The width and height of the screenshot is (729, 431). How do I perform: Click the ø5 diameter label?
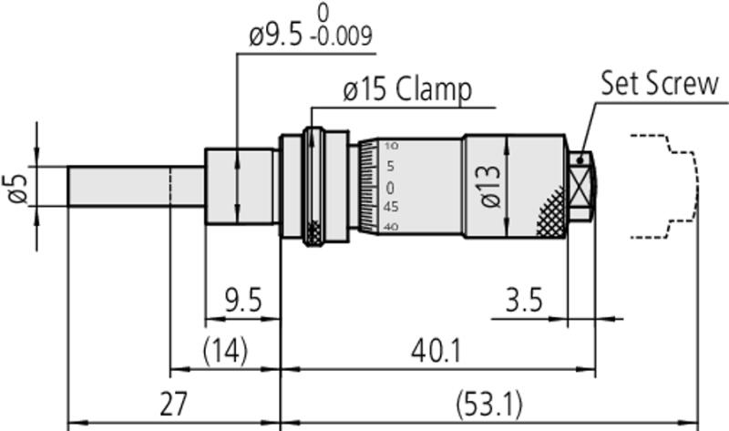[x=17, y=189]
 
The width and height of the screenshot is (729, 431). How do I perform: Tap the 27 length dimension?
[x=173, y=404]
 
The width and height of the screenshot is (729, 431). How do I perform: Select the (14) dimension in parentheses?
[x=225, y=351]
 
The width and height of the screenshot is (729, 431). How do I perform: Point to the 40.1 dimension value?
[x=436, y=351]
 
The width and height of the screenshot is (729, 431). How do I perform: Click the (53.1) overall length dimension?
[x=489, y=405]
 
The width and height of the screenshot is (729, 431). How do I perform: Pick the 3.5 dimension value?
[x=524, y=300]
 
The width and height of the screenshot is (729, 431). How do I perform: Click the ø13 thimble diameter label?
[x=490, y=186]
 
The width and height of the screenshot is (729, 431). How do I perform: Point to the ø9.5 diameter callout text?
[x=276, y=36]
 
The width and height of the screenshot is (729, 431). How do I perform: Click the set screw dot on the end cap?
[x=580, y=160]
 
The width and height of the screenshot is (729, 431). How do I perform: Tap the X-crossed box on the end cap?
[x=580, y=188]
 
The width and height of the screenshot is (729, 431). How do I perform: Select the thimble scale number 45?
[x=391, y=207]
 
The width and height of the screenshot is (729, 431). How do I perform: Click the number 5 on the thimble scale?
[x=390, y=166]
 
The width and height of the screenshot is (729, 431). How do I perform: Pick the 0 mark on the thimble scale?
[x=390, y=188]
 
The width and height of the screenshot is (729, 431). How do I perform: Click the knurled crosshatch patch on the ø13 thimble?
[x=552, y=214]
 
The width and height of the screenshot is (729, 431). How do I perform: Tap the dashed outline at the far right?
[x=696, y=186]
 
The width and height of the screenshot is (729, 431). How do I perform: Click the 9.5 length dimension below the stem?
[x=243, y=300]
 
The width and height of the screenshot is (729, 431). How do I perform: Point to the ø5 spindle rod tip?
[x=68, y=186]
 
